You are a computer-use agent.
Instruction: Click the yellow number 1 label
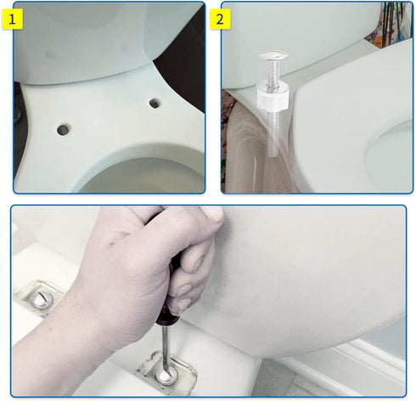tap(12, 19)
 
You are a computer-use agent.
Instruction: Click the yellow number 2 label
tap(220, 19)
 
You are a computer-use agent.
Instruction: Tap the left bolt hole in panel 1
tap(63, 130)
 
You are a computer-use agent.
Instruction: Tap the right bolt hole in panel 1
tap(155, 103)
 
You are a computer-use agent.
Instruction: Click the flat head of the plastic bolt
tap(273, 55)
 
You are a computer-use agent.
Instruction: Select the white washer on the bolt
tap(273, 95)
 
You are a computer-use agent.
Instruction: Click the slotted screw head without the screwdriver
tap(42, 300)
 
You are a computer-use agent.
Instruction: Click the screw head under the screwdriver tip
tap(167, 375)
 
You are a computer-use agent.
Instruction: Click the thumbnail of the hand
tap(213, 214)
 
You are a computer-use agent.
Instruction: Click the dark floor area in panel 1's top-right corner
tap(185, 59)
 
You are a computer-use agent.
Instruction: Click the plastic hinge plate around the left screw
tap(39, 298)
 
